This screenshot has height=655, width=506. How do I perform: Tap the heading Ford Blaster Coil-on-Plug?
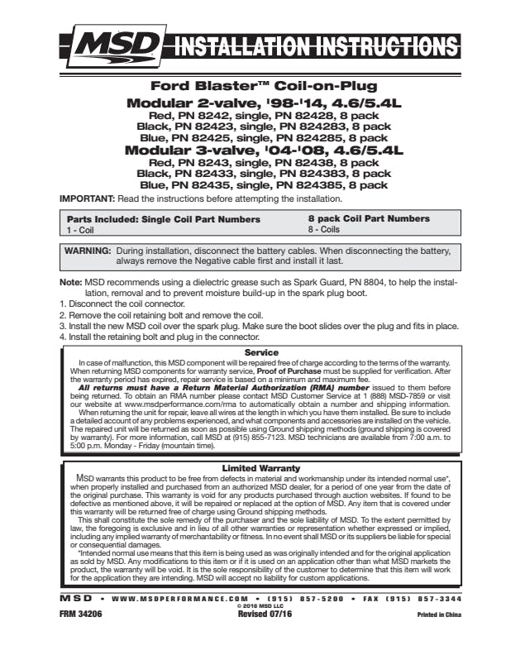264,85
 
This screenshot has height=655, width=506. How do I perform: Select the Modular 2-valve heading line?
264,103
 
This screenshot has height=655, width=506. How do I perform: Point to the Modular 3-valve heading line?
264,151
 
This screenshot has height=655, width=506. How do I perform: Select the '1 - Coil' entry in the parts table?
81,231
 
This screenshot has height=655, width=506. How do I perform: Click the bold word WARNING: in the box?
88,249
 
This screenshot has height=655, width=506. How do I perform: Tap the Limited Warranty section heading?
261,468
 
